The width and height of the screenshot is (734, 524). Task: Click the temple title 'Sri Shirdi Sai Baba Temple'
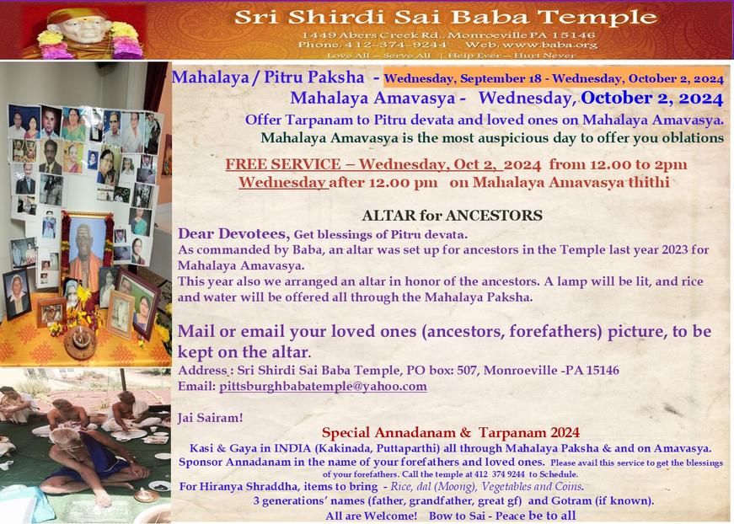[445, 18]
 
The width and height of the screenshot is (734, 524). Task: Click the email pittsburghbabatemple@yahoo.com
[323, 387]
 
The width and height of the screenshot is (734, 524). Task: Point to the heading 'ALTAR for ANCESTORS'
[453, 215]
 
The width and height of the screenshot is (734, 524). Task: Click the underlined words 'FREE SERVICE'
[283, 164]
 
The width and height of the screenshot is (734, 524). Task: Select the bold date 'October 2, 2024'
[652, 98]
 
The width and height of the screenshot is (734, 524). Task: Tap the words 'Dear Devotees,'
[234, 233]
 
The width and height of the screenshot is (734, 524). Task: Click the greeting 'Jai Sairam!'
[211, 417]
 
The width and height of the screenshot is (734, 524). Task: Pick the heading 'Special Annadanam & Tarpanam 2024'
[451, 432]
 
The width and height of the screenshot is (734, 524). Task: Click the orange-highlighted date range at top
[554, 78]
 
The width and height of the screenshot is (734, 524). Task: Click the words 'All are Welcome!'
[371, 516]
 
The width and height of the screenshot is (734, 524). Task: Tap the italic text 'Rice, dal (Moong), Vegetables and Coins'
[486, 487]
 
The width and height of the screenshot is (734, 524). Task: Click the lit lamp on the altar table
[81, 340]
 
